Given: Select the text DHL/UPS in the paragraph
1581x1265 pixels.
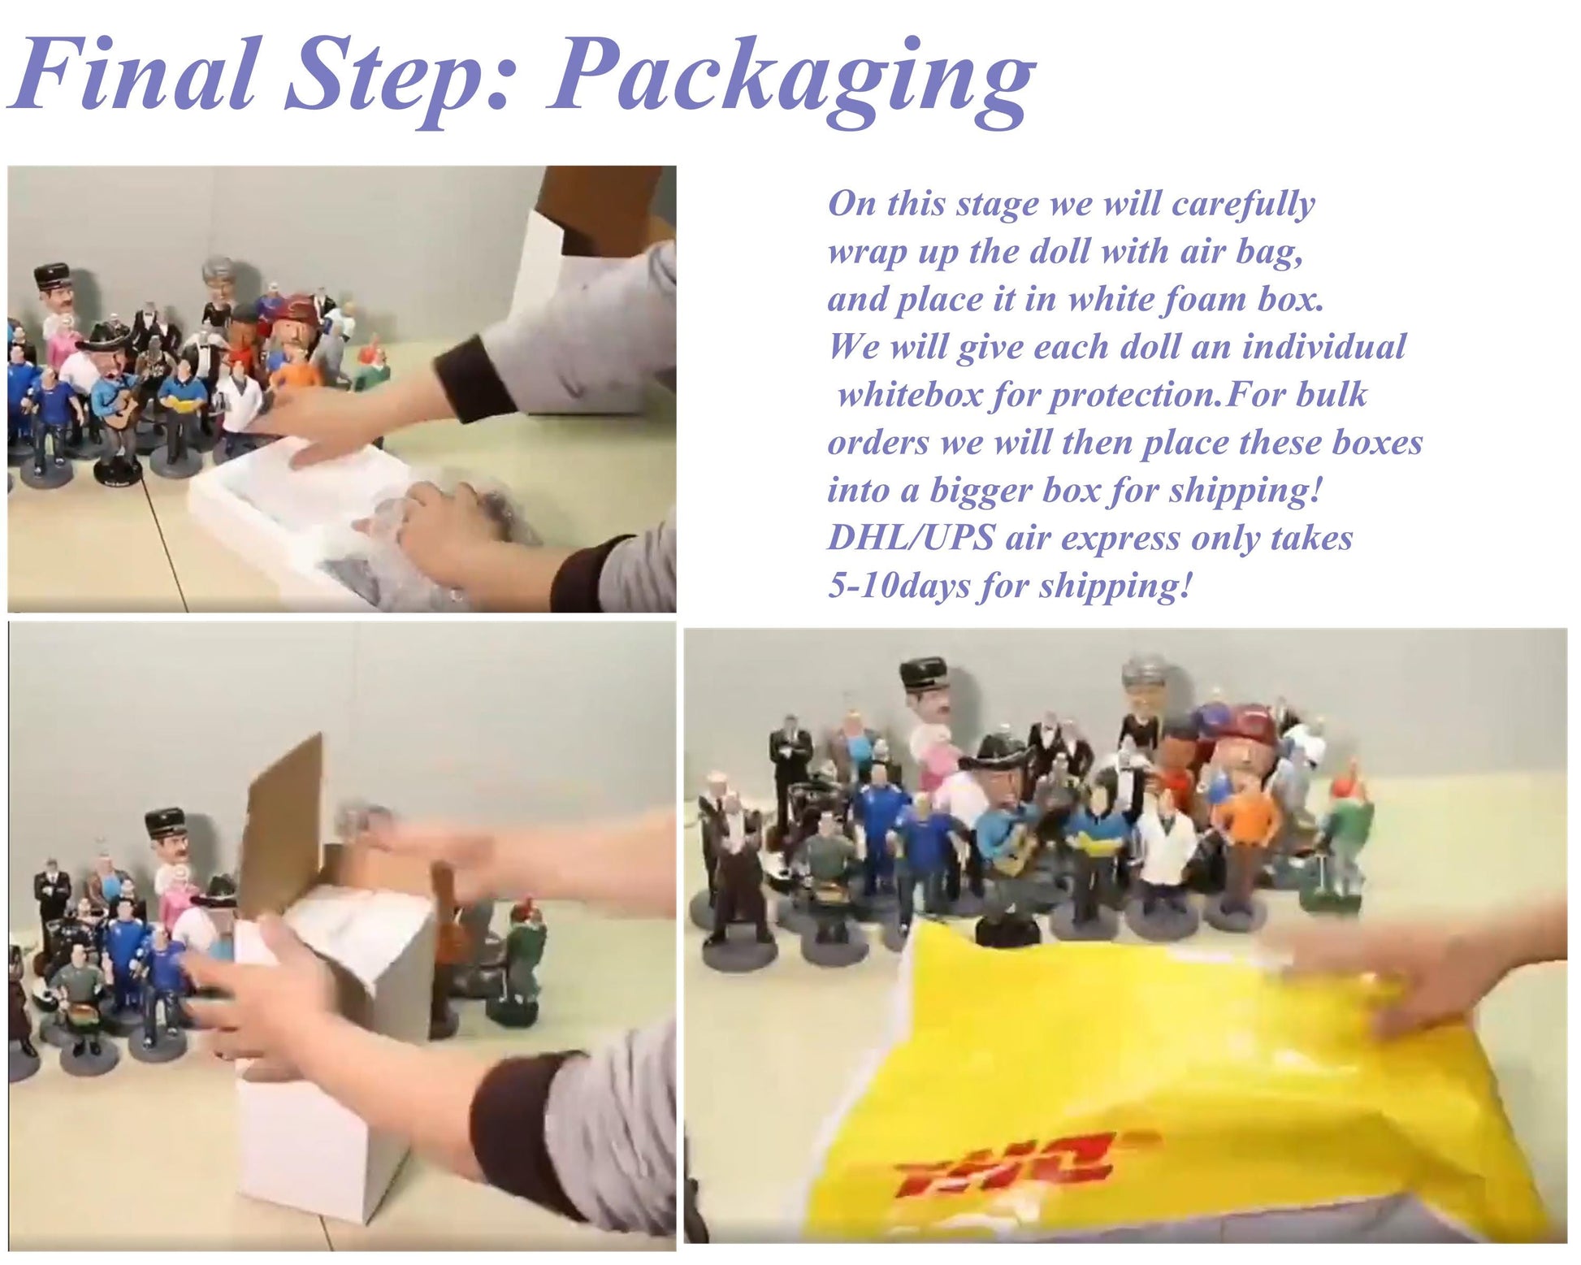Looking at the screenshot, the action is coord(910,537).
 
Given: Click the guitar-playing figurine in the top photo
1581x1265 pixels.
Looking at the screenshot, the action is coord(114,406).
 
